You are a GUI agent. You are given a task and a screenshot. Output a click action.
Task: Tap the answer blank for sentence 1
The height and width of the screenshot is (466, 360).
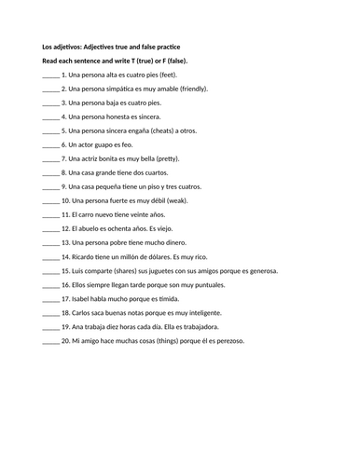pyautogui.click(x=51, y=73)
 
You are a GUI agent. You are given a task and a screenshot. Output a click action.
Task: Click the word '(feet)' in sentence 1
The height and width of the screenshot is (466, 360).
pyautogui.click(x=171, y=73)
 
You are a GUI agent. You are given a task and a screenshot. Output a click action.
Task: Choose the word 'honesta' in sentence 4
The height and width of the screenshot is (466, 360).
pyautogui.click(x=117, y=116)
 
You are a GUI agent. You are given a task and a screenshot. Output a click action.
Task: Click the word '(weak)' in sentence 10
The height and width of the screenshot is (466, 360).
pyautogui.click(x=184, y=200)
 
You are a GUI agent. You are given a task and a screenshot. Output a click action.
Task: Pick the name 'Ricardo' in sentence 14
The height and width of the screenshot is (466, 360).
pyautogui.click(x=86, y=256)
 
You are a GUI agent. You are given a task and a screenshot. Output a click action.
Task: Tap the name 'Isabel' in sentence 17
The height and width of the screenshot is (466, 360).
pyautogui.click(x=84, y=299)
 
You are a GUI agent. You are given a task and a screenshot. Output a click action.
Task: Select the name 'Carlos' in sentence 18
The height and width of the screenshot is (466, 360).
pyautogui.click(x=85, y=313)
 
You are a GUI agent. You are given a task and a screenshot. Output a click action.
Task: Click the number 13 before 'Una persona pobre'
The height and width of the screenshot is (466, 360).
pyautogui.click(x=65, y=242)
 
